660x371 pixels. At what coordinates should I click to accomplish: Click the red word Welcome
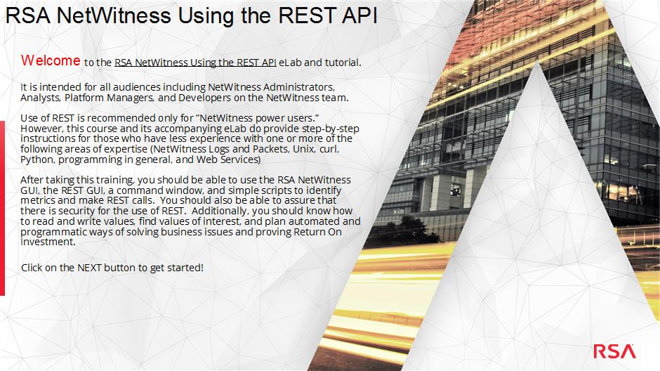(x=51, y=60)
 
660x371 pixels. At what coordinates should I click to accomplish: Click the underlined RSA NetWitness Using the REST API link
(x=195, y=63)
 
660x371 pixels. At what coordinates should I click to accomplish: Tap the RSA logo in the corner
(x=614, y=351)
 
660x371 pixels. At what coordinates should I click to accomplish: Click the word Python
(x=38, y=160)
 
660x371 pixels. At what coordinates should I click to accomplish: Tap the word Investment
(x=48, y=242)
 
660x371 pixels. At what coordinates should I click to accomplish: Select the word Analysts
(x=41, y=98)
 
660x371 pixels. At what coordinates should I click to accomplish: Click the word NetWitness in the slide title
(x=114, y=15)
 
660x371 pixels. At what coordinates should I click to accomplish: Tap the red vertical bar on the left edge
(x=2, y=208)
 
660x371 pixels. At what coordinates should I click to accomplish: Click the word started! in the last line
(x=185, y=268)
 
